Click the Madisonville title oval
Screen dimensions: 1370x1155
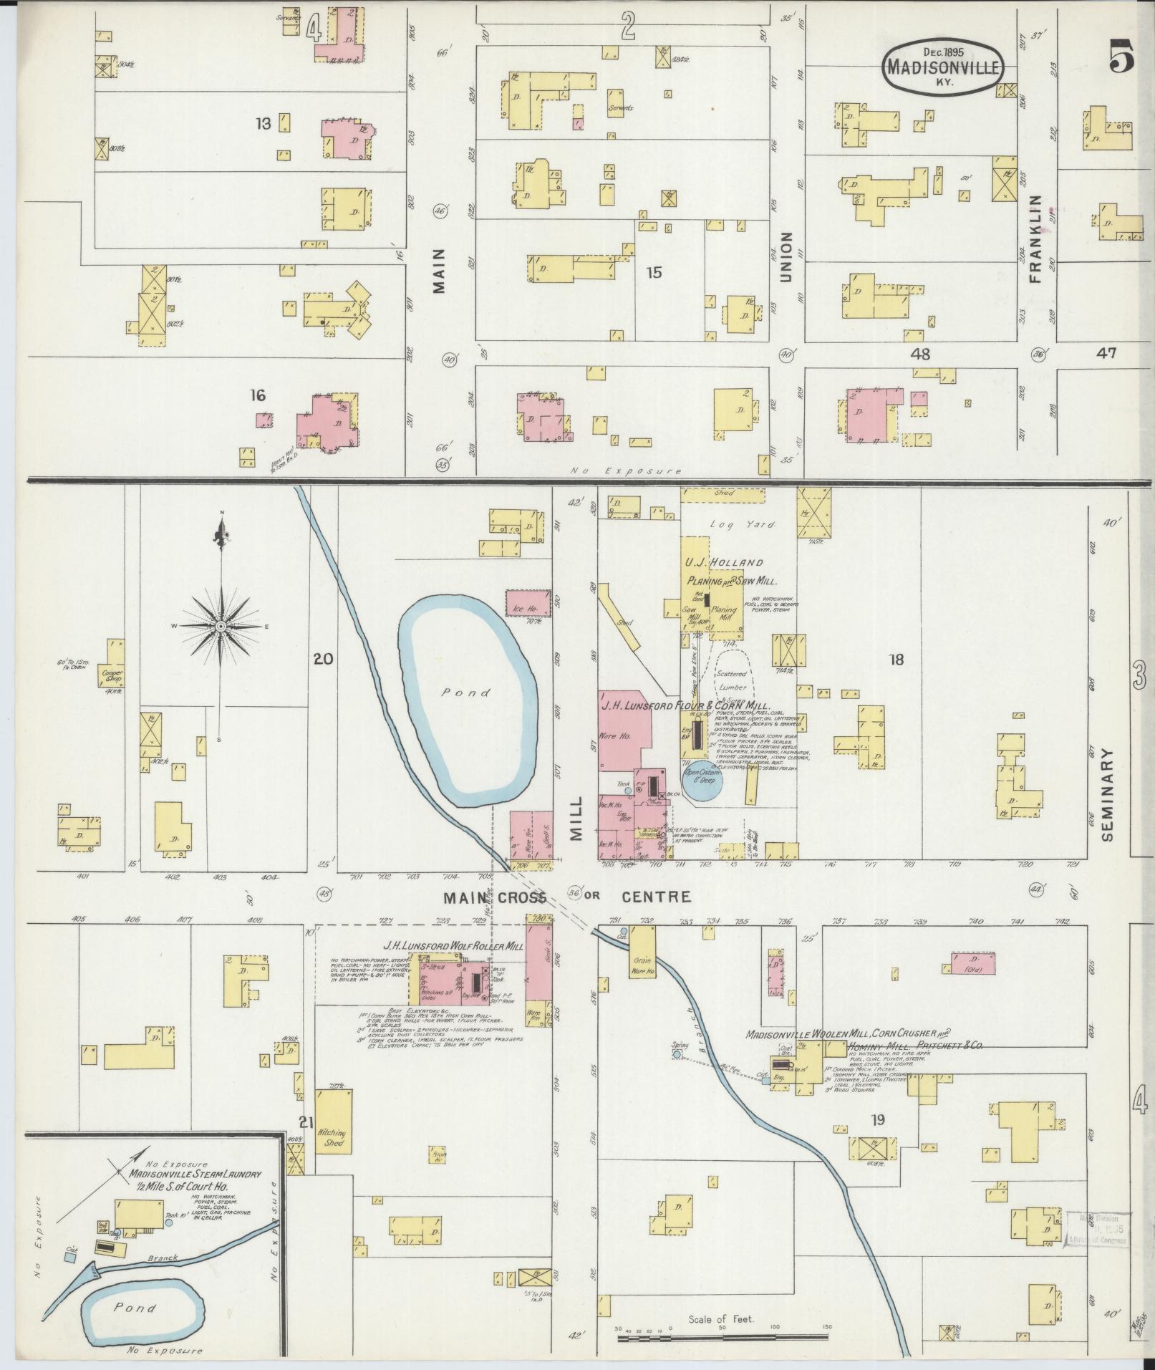click(x=942, y=65)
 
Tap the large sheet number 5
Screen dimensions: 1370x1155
click(x=1121, y=57)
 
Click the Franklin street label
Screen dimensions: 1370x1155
click(x=1035, y=238)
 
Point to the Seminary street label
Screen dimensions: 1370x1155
click(x=1109, y=795)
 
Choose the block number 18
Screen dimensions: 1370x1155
click(x=897, y=660)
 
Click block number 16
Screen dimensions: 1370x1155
click(x=258, y=395)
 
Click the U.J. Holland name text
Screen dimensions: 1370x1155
click(x=724, y=562)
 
